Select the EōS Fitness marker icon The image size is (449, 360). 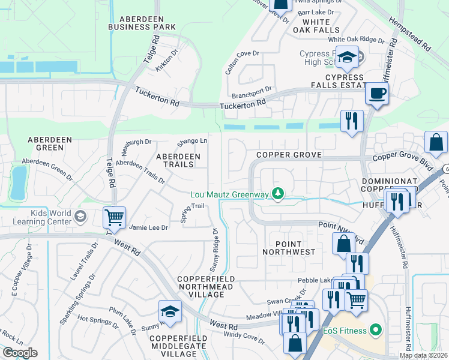pos(376,329)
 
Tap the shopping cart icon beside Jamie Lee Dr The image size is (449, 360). pos(114,218)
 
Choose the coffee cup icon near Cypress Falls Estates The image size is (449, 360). pos(376,94)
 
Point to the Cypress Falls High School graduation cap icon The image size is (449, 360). pos(347,58)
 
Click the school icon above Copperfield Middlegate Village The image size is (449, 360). pos(170,312)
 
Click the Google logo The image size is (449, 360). pos(20,353)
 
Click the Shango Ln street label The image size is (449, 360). pos(192,142)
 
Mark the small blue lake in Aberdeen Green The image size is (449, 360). pos(19,182)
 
